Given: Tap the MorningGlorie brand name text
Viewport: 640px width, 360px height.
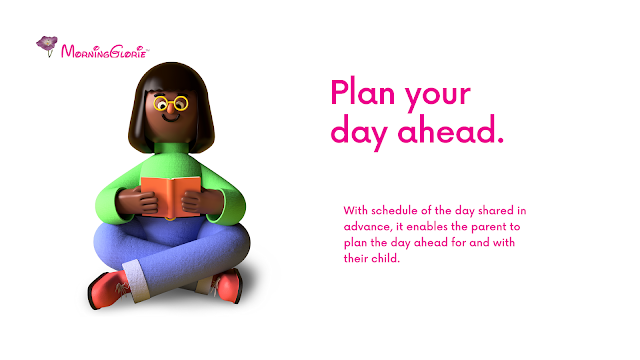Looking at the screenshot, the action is point(104,52).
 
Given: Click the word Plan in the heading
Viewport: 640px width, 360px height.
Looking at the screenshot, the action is point(362,93).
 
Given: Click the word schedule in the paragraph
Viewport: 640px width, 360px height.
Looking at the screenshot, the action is point(394,211).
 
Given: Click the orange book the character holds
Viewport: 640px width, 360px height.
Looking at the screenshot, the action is point(171,197).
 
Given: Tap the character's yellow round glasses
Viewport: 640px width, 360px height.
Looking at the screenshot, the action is point(171,103).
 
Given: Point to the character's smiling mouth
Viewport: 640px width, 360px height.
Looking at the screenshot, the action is point(171,118).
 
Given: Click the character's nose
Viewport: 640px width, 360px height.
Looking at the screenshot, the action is point(170,108).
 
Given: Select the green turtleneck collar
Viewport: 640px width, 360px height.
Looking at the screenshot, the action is point(171,148).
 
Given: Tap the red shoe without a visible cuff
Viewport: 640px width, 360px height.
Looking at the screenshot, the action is point(228,286).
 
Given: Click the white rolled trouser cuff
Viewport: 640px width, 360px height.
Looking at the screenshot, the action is point(137,280).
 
